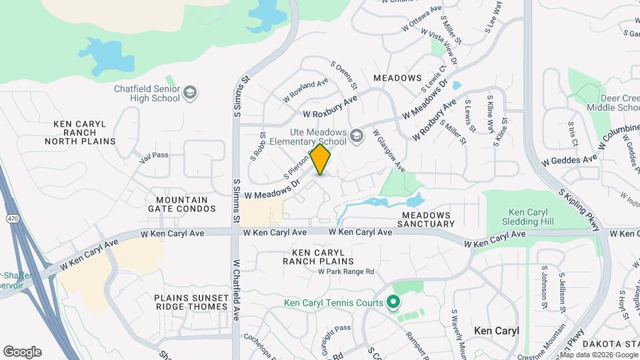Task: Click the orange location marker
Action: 321,159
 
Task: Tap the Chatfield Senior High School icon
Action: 191,92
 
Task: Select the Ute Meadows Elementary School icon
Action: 357,136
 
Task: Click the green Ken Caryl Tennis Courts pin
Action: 393,303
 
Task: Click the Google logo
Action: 22,352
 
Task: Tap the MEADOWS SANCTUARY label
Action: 426,219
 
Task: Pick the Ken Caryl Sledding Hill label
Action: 528,216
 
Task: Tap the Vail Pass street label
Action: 154,155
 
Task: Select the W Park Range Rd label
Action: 346,271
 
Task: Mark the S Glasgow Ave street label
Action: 389,149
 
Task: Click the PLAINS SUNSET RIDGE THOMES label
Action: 191,302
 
